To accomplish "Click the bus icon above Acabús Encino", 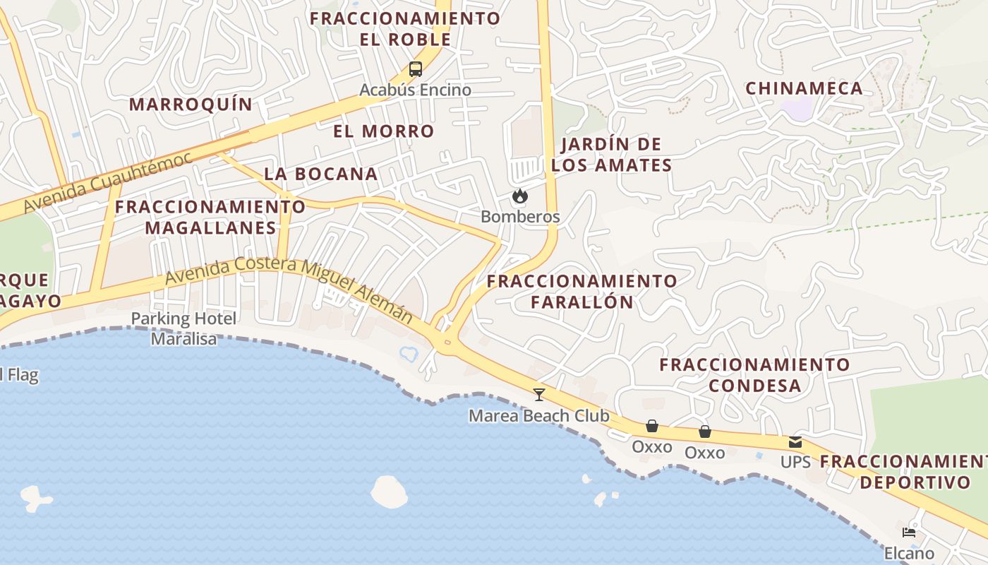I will (x=415, y=69).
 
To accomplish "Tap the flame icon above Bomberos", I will (x=520, y=196).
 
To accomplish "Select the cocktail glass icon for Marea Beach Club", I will (x=539, y=394).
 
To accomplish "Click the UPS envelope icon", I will (x=795, y=442).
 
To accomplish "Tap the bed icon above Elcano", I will (x=909, y=532).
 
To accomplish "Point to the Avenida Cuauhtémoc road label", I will (x=108, y=182).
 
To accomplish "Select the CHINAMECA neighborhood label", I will (x=804, y=88).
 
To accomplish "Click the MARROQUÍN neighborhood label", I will (x=191, y=105).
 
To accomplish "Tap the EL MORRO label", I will (x=383, y=131).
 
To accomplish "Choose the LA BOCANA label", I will (x=321, y=174).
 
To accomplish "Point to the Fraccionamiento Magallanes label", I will (x=210, y=217).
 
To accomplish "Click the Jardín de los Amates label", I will (x=611, y=155).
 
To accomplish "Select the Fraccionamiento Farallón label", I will (x=582, y=291).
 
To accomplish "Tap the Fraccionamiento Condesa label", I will (x=754, y=375).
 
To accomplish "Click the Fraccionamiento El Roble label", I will (x=405, y=28).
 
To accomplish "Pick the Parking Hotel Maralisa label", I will (x=183, y=328).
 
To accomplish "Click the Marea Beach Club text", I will (x=538, y=416).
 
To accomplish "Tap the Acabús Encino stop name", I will (x=415, y=90).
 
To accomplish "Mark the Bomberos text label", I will (x=520, y=217).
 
